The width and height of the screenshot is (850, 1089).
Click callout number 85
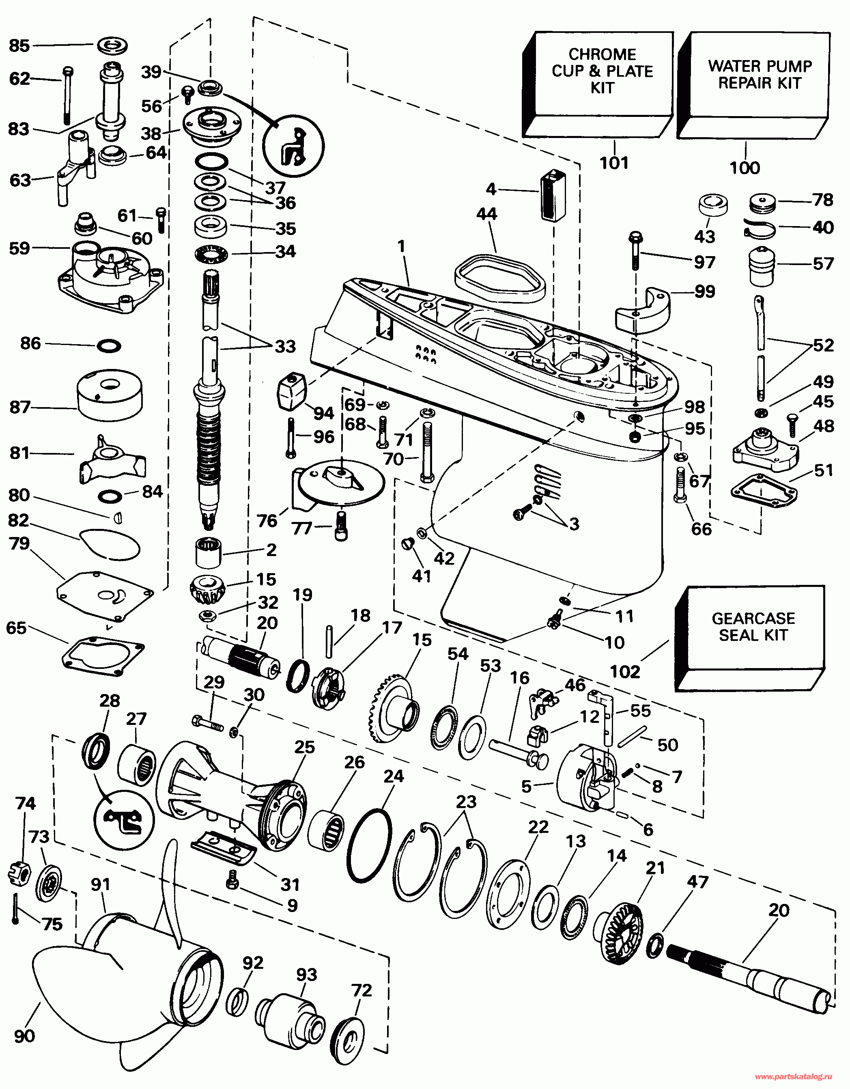pyautogui.click(x=19, y=46)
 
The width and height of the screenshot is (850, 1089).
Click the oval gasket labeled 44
pyautogui.click(x=499, y=277)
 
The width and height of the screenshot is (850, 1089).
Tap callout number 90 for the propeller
pyautogui.click(x=24, y=1036)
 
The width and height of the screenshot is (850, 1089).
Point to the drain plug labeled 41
pyautogui.click(x=407, y=543)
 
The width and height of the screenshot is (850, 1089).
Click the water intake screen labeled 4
pyautogui.click(x=553, y=195)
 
